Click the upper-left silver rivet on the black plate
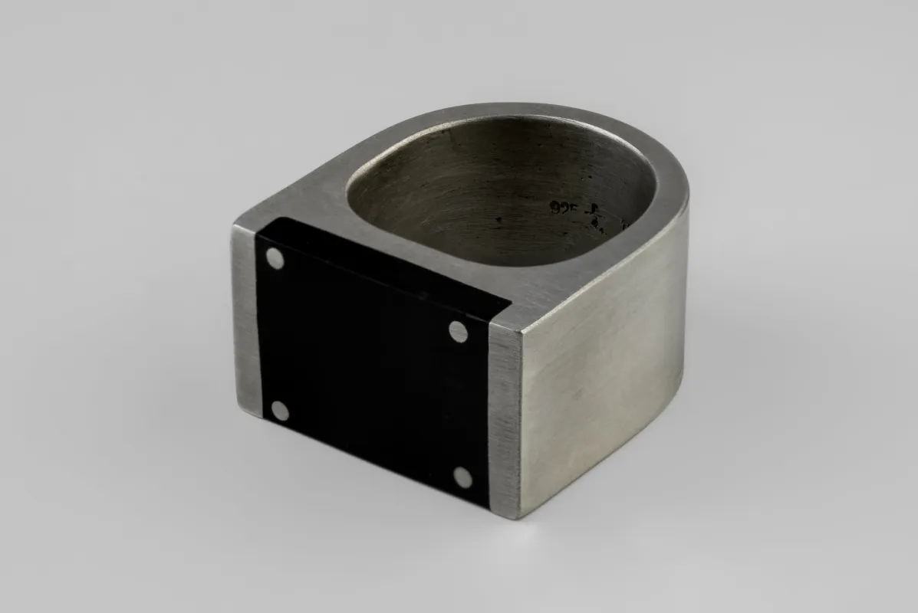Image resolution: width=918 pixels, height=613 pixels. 275,259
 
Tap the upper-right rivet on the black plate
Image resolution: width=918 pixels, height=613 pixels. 459,332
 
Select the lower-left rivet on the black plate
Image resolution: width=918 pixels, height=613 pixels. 281,411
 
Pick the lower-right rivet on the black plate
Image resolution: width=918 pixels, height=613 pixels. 462,478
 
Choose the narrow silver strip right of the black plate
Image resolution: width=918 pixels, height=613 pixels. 505,421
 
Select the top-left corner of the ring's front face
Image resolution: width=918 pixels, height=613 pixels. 233,227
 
